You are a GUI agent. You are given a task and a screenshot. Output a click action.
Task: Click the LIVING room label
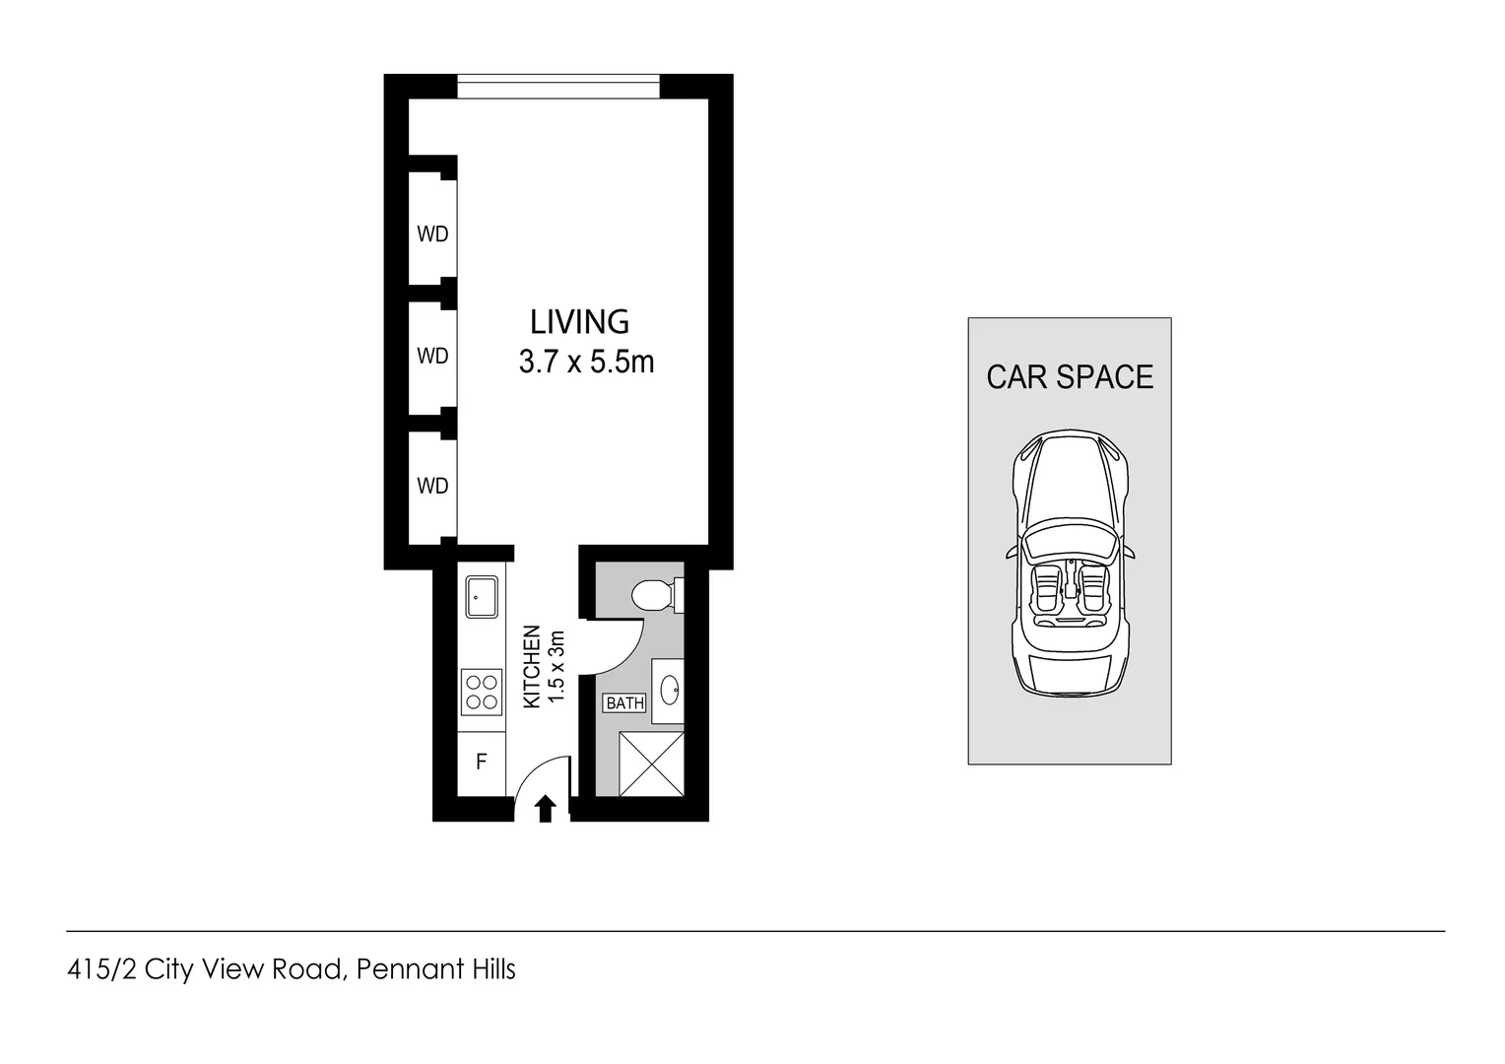point(579,322)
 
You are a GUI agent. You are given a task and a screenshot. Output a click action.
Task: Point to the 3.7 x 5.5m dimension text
point(586,363)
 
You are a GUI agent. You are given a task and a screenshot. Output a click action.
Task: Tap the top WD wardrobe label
point(432,234)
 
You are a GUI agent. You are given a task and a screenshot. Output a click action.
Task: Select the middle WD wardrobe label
point(432,356)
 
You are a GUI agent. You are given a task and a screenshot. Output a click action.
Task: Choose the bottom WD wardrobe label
point(432,486)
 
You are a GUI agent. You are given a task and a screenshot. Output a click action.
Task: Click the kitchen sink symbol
point(482,597)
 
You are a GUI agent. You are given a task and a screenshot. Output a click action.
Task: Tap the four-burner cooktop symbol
point(482,691)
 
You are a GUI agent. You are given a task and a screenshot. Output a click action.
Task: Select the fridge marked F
point(482,762)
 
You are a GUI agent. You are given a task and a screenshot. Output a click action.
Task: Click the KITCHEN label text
point(532,666)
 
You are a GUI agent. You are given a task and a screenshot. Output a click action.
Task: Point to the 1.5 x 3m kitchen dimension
point(556,666)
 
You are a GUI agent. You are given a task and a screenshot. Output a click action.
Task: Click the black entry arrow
point(546,809)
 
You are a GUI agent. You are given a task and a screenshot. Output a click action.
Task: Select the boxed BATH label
point(624,703)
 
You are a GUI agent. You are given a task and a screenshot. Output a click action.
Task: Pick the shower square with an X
point(650,764)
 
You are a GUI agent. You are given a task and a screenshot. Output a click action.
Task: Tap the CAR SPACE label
point(1070,377)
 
